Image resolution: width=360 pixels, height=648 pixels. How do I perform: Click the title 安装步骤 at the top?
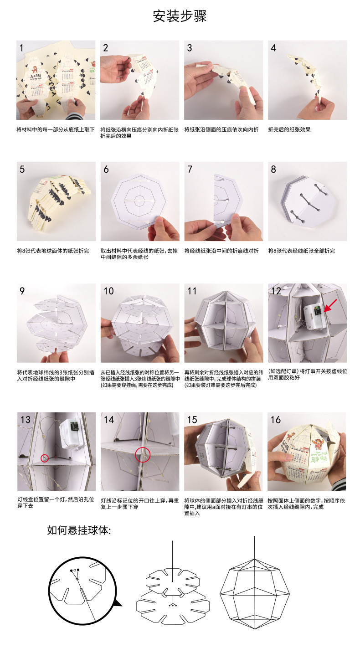click(180, 16)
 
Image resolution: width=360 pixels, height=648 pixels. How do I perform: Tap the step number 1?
click(21, 48)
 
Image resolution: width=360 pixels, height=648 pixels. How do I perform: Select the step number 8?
click(273, 170)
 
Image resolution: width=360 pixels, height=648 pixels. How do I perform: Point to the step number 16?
click(276, 420)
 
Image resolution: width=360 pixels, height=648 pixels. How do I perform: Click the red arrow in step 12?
click(330, 305)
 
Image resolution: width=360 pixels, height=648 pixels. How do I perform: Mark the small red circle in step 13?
click(45, 458)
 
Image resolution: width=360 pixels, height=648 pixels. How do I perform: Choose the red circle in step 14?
click(142, 454)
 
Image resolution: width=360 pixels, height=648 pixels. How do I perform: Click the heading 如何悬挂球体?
click(79, 530)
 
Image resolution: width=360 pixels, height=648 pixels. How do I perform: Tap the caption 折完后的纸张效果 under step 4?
click(289, 129)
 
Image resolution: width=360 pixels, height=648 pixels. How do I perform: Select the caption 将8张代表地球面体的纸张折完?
click(53, 251)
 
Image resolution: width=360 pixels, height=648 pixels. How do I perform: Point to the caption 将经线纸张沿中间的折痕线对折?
click(221, 251)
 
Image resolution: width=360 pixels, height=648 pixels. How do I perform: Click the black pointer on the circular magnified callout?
click(118, 603)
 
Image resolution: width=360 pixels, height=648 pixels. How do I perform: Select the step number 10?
click(109, 291)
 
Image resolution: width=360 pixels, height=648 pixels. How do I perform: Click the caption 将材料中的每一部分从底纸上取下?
click(56, 129)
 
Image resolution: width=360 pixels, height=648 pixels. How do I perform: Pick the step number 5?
click(22, 170)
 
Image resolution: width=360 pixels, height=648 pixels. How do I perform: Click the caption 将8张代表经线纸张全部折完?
click(301, 251)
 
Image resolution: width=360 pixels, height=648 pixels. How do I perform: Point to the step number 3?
click(190, 48)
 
